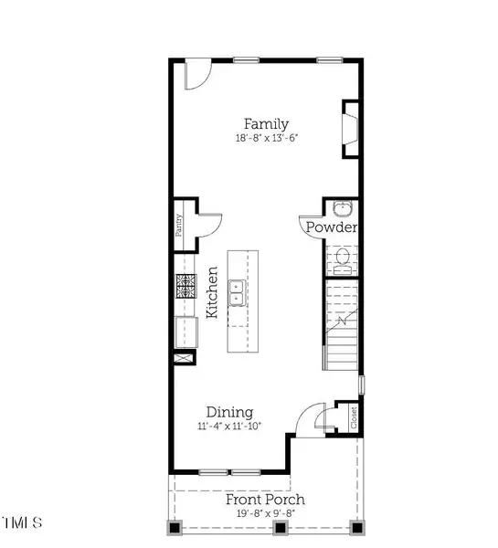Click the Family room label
[266, 124]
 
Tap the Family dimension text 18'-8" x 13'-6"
[267, 138]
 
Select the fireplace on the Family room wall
[350, 130]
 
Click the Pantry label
[179, 226]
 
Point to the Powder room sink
[343, 208]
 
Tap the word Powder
[332, 227]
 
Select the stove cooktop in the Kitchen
[185, 286]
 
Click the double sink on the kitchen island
[237, 293]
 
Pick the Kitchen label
[212, 292]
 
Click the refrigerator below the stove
[186, 332]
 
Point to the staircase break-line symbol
[343, 321]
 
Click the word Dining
[229, 413]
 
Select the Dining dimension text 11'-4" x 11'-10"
[229, 426]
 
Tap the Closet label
[354, 417]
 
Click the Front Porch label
[265, 500]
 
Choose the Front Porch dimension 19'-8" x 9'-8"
[266, 513]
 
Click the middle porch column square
[280, 527]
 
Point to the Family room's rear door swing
[198, 74]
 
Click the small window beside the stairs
[362, 385]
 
